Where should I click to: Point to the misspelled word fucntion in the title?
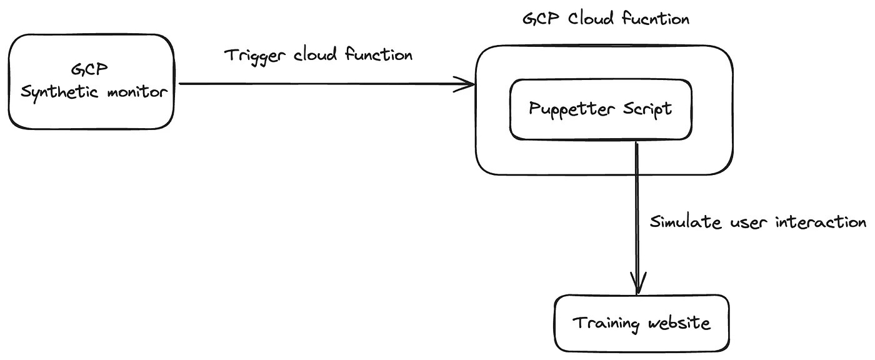[656, 19]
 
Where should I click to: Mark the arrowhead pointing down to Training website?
[637, 284]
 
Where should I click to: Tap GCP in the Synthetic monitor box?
[91, 68]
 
